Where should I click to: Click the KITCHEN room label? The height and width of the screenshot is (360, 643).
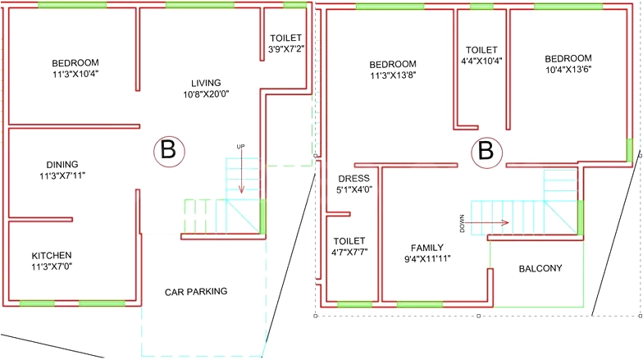(52, 256)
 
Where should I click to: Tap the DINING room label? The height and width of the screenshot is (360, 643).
(62, 164)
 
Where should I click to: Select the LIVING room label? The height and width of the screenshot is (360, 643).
(206, 83)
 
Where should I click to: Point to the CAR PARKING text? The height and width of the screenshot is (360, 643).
(196, 292)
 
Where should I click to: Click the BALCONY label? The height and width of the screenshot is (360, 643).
(540, 269)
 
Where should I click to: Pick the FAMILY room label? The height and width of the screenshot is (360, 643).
(427, 248)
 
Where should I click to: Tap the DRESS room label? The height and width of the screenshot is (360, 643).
(354, 179)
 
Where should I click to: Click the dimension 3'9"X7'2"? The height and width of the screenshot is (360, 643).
(286, 49)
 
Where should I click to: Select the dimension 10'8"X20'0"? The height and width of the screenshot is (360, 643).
(206, 94)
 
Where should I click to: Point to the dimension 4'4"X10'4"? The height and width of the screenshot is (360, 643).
(482, 61)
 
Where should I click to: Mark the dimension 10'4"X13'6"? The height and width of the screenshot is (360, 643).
(568, 69)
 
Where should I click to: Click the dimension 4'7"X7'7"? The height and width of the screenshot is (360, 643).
(349, 253)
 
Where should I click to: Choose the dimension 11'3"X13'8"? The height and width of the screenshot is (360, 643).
(394, 75)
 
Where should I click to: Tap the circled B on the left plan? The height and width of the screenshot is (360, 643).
(169, 151)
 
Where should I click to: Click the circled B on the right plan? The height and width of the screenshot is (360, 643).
(486, 153)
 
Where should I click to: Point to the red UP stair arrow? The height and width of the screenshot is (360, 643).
(241, 171)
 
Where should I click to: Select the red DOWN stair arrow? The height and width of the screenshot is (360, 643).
(487, 223)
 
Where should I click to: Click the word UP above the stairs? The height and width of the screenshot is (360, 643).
(241, 146)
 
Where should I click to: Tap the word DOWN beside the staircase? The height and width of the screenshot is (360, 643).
(463, 223)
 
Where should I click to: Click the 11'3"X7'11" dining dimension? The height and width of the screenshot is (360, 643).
(62, 175)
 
